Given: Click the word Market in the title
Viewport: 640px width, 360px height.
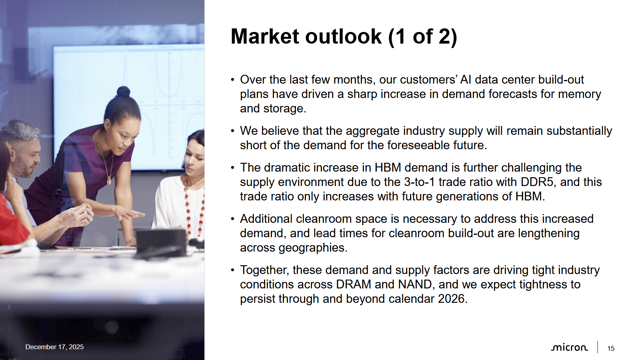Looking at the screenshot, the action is pyautogui.click(x=265, y=36).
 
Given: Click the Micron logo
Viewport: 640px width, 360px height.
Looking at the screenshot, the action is pyautogui.click(x=569, y=348).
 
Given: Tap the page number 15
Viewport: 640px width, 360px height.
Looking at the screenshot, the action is pyautogui.click(x=610, y=348).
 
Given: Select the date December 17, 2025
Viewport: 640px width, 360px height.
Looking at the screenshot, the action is pyautogui.click(x=54, y=347).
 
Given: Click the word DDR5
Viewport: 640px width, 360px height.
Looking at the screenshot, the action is pyautogui.click(x=537, y=182).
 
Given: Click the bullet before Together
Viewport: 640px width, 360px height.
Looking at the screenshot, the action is pyautogui.click(x=232, y=270).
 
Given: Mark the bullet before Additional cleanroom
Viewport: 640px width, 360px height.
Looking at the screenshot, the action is pyautogui.click(x=232, y=219).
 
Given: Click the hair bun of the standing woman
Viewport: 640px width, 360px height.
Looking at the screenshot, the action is pyautogui.click(x=124, y=92).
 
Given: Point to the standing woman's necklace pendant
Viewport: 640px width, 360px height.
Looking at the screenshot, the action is pyautogui.click(x=109, y=180).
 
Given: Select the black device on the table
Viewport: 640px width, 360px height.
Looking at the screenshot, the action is pyautogui.click(x=161, y=242).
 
